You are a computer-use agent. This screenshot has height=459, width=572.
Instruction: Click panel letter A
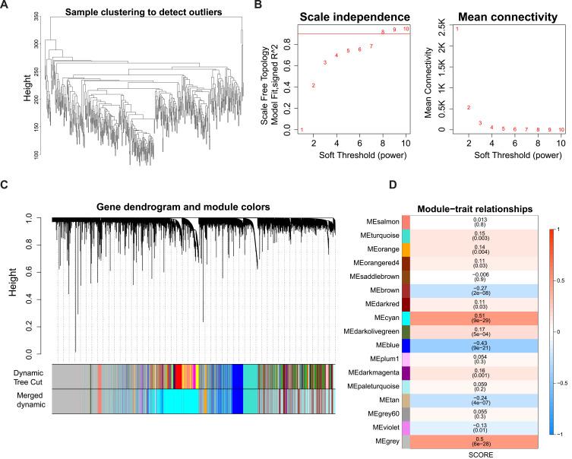pyautogui.click(x=5, y=6)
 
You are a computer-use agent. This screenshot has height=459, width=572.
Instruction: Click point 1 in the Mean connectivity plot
pyautogui.click(x=457, y=29)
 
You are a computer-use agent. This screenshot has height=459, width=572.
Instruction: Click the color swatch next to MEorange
pyautogui.click(x=449, y=248)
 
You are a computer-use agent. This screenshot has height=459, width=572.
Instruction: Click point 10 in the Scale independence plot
pyautogui.click(x=406, y=29)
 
